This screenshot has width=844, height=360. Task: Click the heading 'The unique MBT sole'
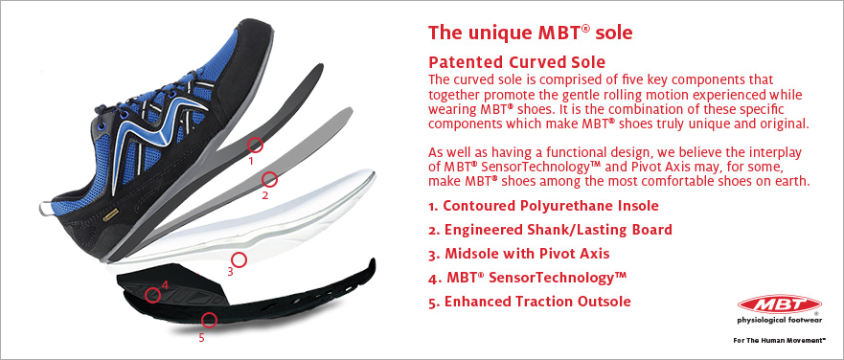click(530, 33)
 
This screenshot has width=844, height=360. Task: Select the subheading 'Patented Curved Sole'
click(516, 61)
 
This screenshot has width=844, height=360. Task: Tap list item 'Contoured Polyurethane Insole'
click(543, 206)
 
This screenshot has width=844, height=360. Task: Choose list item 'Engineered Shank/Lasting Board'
click(551, 230)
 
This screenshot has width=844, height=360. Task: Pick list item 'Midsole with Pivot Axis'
click(519, 254)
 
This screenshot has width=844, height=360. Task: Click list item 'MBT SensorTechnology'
click(528, 278)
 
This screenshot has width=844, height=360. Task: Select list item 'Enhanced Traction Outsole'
click(530, 302)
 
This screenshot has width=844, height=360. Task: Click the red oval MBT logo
click(780, 304)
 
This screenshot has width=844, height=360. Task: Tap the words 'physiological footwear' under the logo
click(780, 321)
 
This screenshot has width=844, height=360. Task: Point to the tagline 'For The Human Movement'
click(779, 340)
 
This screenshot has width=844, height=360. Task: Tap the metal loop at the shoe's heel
click(46, 208)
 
